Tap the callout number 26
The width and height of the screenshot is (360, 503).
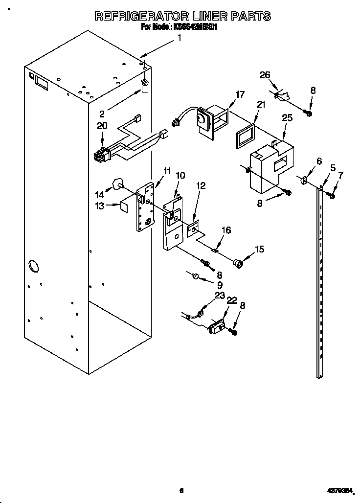click(265, 75)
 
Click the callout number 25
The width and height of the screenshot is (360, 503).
click(287, 118)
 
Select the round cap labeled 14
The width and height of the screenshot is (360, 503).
click(117, 184)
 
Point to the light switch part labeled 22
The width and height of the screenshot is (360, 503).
click(217, 326)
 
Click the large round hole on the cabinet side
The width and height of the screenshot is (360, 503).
click(32, 266)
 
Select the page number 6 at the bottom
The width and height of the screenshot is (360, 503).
click(181, 490)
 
